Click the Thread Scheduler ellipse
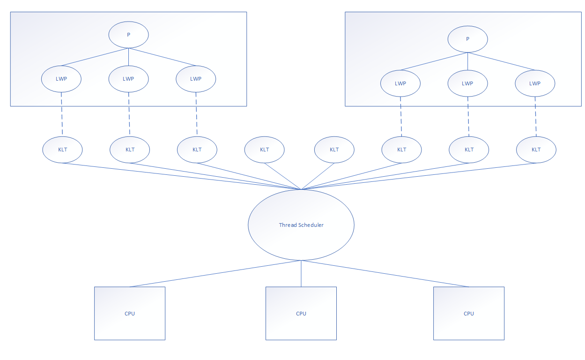301,225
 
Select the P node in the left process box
129,35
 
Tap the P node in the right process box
467,39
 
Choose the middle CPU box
301,313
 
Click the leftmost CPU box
130,313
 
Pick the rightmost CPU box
469,313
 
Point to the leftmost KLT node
62,150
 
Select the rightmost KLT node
536,150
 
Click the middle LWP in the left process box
129,79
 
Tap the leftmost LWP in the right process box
400,83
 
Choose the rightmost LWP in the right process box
535,83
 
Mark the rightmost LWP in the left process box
196,79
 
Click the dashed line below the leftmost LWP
62,115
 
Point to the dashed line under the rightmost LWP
536,117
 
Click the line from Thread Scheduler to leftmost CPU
215,273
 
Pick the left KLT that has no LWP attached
265,150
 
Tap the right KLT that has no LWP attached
334,150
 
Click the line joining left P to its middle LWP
129,58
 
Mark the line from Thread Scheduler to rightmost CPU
385,273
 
